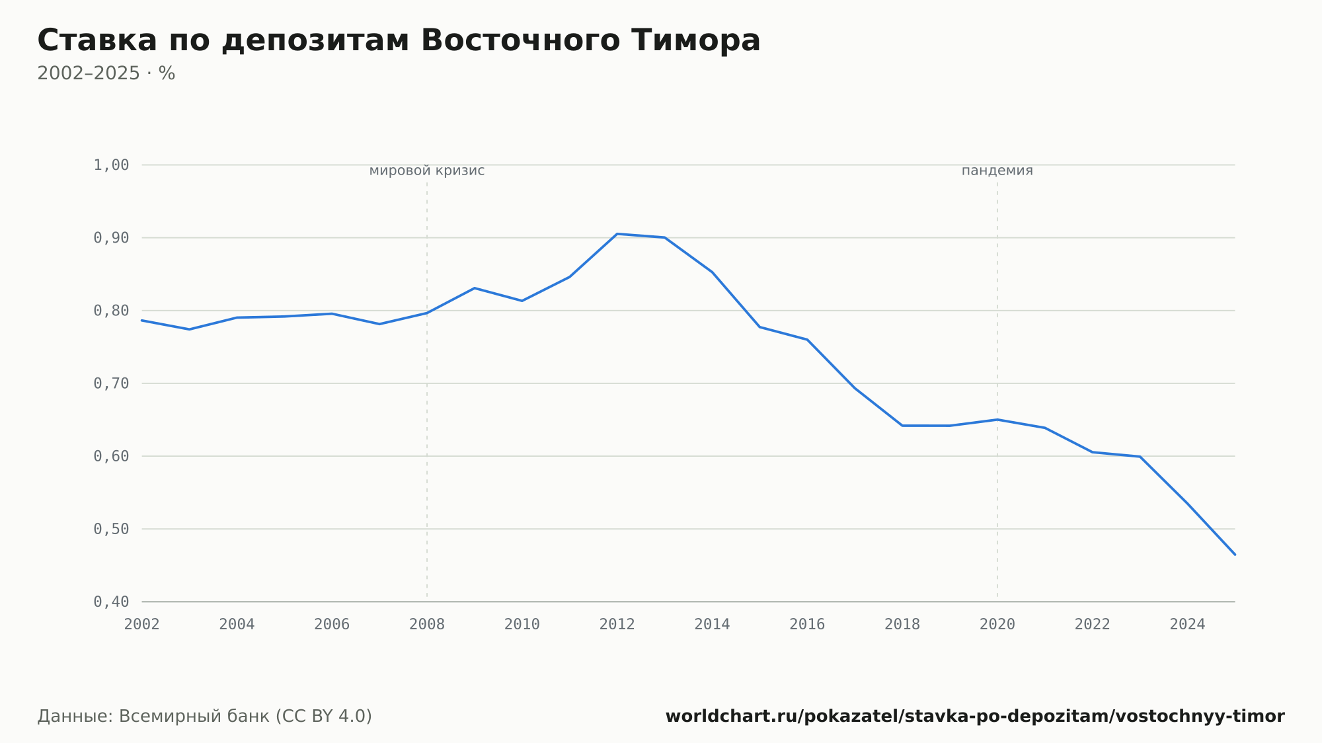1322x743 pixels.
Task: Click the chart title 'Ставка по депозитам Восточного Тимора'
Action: (399, 41)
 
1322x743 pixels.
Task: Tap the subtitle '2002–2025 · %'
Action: (106, 73)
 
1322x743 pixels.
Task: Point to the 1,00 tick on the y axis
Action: (111, 165)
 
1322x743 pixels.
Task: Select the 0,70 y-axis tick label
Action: (111, 383)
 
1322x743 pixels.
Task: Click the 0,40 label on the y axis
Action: (111, 602)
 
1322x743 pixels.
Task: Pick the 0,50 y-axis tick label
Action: (111, 529)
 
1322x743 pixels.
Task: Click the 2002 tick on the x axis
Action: (142, 625)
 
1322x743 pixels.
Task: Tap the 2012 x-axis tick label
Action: (617, 625)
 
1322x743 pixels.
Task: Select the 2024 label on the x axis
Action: (1188, 625)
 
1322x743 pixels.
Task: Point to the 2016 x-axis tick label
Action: (807, 625)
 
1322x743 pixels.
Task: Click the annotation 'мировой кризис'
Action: (427, 171)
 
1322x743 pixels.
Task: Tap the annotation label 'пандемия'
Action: (997, 171)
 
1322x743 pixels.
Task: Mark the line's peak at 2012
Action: (617, 234)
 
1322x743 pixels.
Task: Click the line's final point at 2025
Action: (1235, 555)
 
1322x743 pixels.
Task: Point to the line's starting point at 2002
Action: (142, 321)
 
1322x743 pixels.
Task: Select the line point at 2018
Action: (902, 426)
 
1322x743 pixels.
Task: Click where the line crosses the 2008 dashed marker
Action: (427, 313)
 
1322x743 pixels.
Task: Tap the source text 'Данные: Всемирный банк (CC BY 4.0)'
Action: (204, 717)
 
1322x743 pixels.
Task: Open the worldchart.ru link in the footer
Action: (975, 717)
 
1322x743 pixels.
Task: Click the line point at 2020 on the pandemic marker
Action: (997, 420)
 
